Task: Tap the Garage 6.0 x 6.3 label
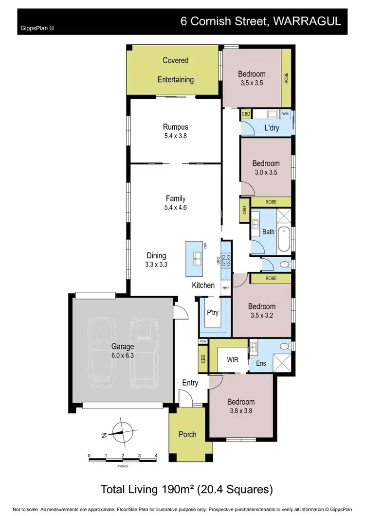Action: pos(122,351)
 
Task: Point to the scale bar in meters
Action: pos(123,457)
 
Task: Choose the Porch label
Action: pos(187,434)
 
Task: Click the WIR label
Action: pos(233,361)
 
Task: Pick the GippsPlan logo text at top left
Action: pos(37,28)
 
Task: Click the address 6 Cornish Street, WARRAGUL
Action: pos(260,21)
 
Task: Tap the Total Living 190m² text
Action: pos(186,488)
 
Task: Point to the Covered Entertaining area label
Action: pos(175,70)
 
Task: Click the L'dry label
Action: pos(271,128)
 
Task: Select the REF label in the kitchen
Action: pos(226,288)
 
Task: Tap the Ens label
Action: pos(260,362)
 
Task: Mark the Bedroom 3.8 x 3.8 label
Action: pos(241,406)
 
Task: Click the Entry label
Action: pos(190,383)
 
